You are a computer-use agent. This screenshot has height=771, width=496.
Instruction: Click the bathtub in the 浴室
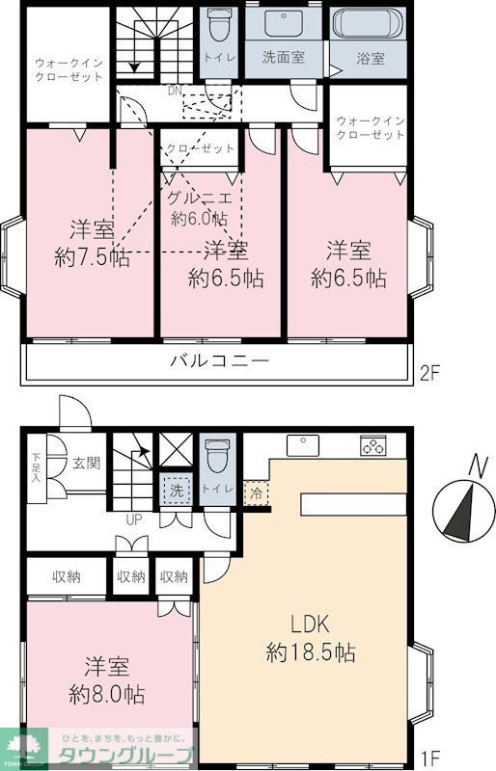coord(365,24)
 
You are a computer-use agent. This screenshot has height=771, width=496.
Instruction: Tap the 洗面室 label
coord(284,57)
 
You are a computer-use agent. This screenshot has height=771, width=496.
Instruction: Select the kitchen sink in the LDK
coord(304,445)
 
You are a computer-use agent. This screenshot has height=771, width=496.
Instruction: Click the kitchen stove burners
coord(372,445)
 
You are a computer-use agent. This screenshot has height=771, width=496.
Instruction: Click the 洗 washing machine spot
coord(177,490)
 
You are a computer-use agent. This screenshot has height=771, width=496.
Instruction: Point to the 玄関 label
coord(84,464)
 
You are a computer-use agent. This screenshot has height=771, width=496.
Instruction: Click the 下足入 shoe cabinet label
coord(37,465)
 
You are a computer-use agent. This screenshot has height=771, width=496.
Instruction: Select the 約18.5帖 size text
coord(311,652)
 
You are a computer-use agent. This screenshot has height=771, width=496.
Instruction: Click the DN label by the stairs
coord(174,91)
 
